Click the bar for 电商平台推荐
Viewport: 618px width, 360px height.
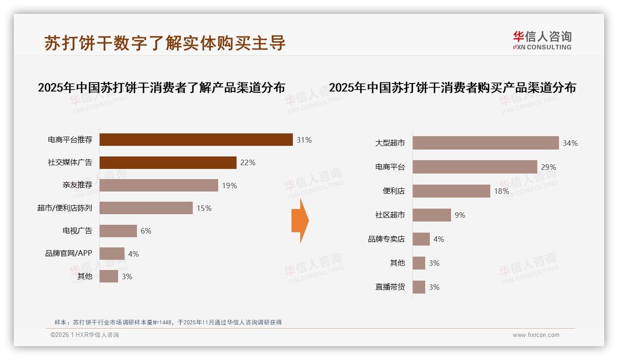click(196, 139)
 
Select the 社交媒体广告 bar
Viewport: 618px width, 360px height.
click(168, 162)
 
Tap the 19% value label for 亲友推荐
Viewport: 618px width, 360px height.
click(229, 186)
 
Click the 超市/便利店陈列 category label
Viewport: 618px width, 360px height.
click(65, 208)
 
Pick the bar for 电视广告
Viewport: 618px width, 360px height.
click(118, 231)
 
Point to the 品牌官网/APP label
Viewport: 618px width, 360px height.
click(69, 253)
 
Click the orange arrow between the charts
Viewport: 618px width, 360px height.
click(300, 221)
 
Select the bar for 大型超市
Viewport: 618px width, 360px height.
click(486, 143)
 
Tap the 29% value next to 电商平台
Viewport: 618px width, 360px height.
click(548, 167)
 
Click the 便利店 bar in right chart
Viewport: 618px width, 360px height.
click(451, 191)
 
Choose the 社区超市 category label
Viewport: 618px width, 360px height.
click(390, 215)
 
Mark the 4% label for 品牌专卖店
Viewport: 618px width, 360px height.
click(439, 239)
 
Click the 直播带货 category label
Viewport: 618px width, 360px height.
click(390, 287)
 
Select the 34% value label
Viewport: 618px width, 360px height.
click(570, 143)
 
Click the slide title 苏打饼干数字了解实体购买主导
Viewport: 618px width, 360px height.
click(165, 43)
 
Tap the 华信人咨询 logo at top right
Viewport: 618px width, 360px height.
click(542, 41)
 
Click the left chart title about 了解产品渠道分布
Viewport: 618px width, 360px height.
click(161, 88)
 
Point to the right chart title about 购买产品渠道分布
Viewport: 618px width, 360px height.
click(452, 88)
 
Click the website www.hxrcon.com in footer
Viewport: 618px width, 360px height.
click(536, 335)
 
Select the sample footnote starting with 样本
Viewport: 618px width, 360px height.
click(168, 323)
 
